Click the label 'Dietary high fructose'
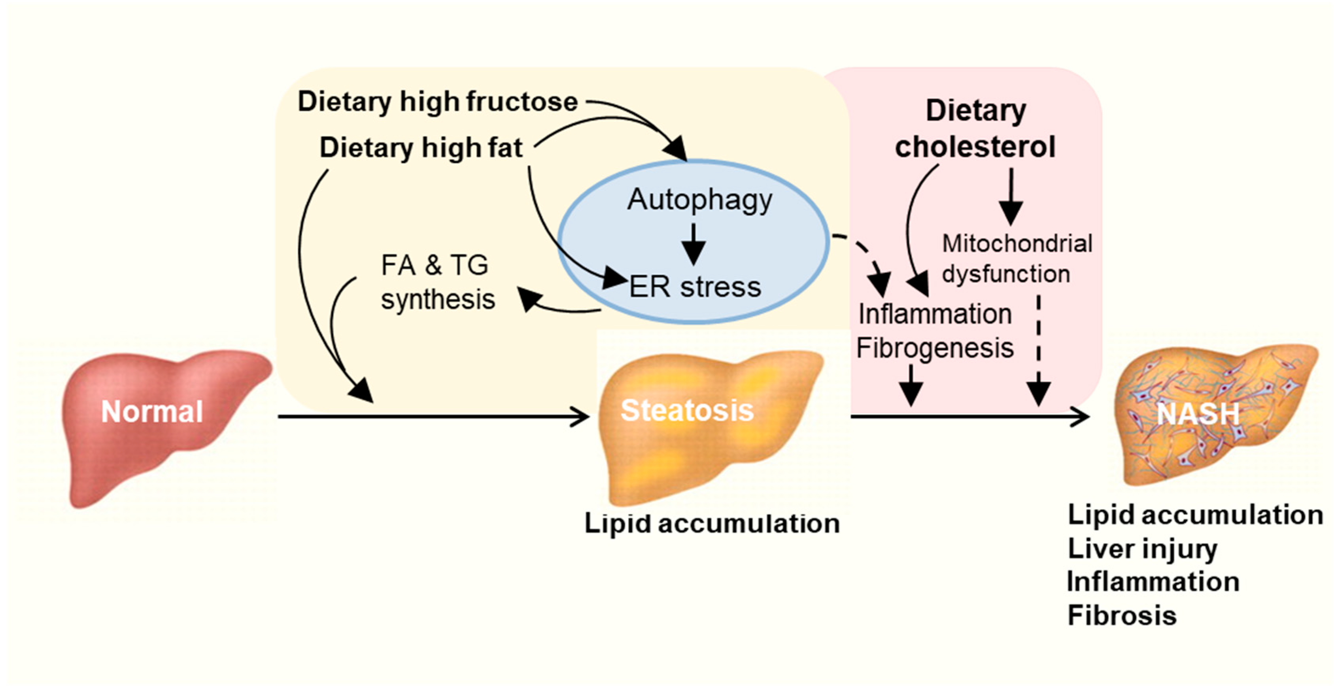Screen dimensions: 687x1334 pyautogui.click(x=438, y=102)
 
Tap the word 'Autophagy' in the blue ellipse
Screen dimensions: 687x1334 pyautogui.click(x=699, y=200)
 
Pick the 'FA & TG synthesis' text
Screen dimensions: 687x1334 pyautogui.click(x=438, y=282)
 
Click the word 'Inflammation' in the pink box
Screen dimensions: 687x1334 pyautogui.click(x=935, y=314)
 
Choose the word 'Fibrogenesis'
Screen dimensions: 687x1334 pyautogui.click(x=935, y=348)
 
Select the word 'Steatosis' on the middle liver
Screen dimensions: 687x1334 pyautogui.click(x=687, y=411)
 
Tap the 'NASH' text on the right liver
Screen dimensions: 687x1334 pyautogui.click(x=1198, y=414)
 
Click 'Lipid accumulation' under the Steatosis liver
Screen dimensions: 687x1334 pyautogui.click(x=712, y=523)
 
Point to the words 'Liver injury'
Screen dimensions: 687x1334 pyautogui.click(x=1142, y=549)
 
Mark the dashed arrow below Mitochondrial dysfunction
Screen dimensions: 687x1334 pyautogui.click(x=1038, y=352)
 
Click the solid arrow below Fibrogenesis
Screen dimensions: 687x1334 pyautogui.click(x=911, y=386)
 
